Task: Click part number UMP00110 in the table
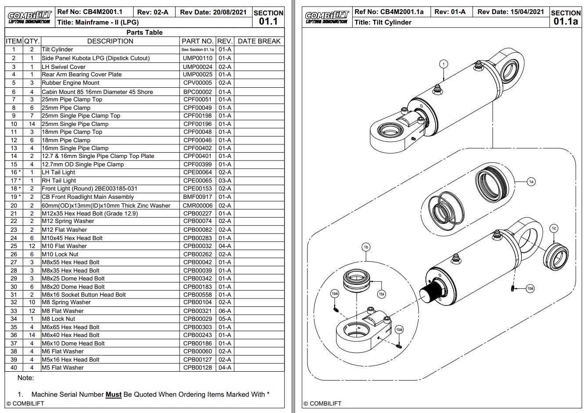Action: (x=197, y=58)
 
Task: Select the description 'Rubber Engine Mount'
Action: (x=70, y=83)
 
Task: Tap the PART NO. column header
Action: (x=197, y=41)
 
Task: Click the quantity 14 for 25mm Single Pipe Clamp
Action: (x=32, y=124)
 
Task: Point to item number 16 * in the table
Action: (x=15, y=172)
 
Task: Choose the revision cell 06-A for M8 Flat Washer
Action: (x=224, y=311)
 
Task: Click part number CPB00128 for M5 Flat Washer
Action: (x=197, y=368)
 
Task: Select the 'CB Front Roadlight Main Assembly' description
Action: (x=87, y=197)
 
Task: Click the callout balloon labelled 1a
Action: (x=531, y=181)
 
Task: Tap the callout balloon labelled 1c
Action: (x=554, y=228)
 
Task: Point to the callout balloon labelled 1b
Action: (x=366, y=247)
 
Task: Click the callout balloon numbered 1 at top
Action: (x=444, y=64)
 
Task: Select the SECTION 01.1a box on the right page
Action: (x=566, y=17)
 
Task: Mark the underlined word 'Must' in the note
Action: (x=113, y=395)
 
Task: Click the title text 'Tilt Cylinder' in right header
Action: (x=383, y=22)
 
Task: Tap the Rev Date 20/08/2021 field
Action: (x=213, y=12)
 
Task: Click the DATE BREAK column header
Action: (x=259, y=41)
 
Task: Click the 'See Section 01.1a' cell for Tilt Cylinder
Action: (x=197, y=50)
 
